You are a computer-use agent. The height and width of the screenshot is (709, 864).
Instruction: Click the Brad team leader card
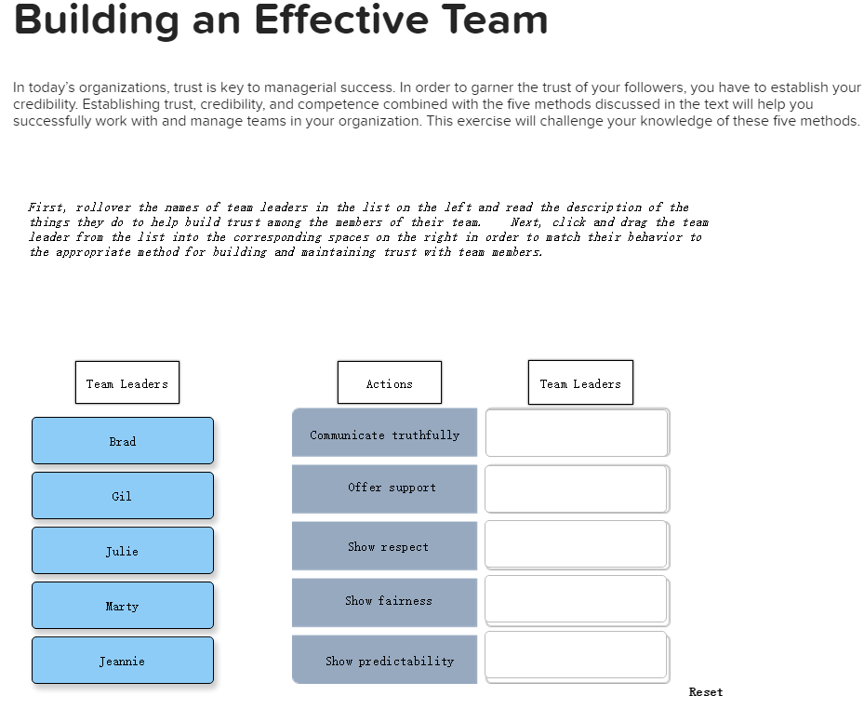123,440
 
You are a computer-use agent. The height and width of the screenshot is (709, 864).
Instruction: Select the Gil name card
123,495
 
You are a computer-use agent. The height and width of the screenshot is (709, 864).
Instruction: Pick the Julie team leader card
123,550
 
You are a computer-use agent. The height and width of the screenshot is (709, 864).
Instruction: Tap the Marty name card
123,606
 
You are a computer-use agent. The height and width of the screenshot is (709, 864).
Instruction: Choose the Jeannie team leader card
123,661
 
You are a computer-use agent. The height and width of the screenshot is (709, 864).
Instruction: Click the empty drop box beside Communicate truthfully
578,433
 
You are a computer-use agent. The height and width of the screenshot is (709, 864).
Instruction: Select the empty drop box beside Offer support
578,489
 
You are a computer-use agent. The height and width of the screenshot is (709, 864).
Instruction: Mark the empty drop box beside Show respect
578,545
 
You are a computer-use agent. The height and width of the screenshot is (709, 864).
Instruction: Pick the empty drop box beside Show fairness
578,601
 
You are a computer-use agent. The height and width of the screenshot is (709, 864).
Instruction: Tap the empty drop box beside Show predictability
578,657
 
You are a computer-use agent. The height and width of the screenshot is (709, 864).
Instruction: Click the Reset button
706,692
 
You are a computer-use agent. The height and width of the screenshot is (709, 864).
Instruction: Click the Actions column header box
390,382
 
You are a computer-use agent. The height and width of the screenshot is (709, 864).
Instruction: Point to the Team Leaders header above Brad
127,382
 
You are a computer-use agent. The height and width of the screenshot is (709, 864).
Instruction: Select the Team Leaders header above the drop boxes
580,382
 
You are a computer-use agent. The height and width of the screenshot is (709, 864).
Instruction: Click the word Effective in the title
341,20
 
